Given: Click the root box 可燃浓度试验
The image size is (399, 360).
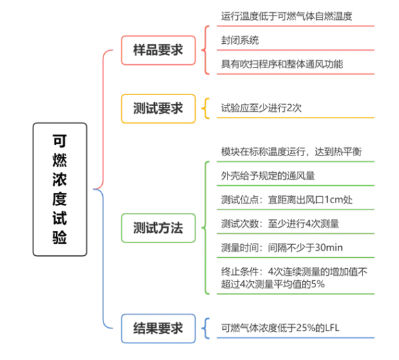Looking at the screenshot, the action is coord(60,190).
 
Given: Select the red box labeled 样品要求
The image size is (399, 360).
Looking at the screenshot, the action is coord(158,50).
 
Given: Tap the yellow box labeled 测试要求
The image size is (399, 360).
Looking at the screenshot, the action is coord(158,109).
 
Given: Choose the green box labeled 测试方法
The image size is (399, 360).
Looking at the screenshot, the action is coord(158,228).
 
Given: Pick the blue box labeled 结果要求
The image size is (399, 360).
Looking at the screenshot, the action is coord(158,328).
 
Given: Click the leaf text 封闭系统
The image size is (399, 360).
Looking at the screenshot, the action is coord(240,40).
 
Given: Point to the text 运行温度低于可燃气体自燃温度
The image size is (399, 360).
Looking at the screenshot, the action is coord(287,16).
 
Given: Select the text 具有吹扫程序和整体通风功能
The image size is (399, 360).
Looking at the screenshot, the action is coord(282,64).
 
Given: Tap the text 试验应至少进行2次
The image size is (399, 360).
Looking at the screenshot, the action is coord(261,108).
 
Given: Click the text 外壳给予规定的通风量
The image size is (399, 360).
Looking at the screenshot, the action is coord(268,176).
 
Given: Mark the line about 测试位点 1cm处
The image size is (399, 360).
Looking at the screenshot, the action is coord(287,200).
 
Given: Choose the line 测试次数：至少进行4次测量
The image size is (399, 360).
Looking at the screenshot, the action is coord(280,224).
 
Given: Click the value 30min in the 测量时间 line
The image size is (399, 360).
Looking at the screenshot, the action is coord(329,248).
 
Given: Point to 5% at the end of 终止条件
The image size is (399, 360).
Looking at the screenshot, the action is coord(318,284).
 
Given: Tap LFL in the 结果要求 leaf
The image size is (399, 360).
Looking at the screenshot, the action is coord(332,328).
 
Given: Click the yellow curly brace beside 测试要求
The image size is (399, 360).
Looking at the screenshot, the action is coord(206,108).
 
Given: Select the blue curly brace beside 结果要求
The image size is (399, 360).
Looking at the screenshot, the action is coord(206,328).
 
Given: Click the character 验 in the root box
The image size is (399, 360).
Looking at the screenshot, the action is coord(60,237).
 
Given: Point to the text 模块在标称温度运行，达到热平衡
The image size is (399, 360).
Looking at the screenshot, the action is coord(291,152).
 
